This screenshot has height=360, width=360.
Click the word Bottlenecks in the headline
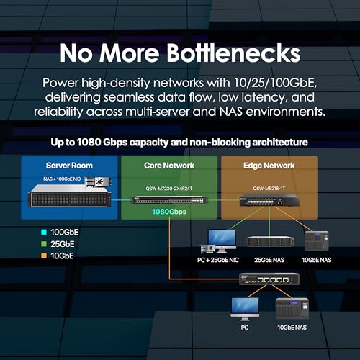pos(233,53)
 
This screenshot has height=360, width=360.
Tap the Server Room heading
pos(69,166)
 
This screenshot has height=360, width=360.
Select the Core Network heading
pos(169,166)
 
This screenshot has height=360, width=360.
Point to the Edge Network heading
pos(269,166)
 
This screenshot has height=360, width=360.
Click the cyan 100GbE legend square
pos(44,232)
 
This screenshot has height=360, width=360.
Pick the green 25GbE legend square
pos(44,244)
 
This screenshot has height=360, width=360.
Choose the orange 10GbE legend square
pos(44,256)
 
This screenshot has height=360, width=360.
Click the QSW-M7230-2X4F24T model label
pos(169,189)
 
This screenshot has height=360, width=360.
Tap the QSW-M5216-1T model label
pos(269,189)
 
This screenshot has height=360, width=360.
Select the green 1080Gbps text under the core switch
pos(169,212)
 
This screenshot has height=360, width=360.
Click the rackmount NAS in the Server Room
pos(69,196)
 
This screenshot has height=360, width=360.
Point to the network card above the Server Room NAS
pos(99,182)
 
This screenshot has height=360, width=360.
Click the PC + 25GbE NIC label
pos(218,260)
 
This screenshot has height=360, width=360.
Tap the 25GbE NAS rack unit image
pos(271,241)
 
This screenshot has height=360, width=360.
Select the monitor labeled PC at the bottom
pos(245,309)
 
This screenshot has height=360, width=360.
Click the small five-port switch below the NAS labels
pos(269,279)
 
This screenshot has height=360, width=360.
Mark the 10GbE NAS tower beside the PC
pos(292,308)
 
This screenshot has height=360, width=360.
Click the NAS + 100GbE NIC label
pos(62,179)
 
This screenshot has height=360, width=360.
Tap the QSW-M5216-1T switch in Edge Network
pos(269,199)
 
